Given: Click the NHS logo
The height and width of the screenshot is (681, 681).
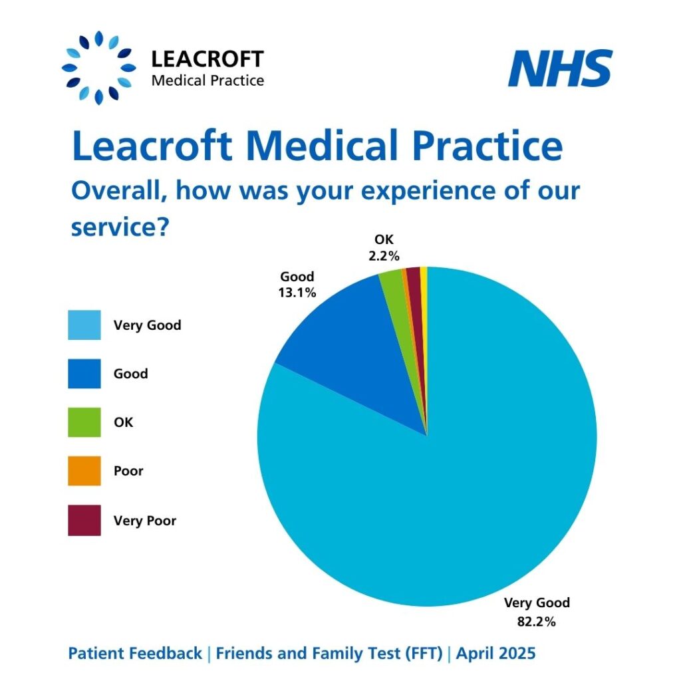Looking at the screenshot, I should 560,69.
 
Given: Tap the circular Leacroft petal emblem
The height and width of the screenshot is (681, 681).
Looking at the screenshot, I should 98,68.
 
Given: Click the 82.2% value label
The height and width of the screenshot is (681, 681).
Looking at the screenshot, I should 537,623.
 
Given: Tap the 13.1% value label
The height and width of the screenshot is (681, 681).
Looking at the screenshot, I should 297,292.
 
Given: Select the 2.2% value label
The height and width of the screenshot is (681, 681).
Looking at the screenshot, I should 384,254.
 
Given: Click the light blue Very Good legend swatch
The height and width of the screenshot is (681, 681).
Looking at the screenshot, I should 84,325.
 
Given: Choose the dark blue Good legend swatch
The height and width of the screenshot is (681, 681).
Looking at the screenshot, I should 84,374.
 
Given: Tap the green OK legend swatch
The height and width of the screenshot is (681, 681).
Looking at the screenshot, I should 84,422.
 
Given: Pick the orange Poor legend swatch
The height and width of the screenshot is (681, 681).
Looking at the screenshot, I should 84,471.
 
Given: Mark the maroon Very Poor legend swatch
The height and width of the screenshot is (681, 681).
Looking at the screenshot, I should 84,520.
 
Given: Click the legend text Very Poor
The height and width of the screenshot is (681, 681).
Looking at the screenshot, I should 145,521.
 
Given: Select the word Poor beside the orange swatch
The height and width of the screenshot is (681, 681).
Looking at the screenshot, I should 128,472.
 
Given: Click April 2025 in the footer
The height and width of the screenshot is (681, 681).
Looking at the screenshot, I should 495,654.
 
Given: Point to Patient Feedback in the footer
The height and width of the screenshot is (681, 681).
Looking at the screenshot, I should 135,654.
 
